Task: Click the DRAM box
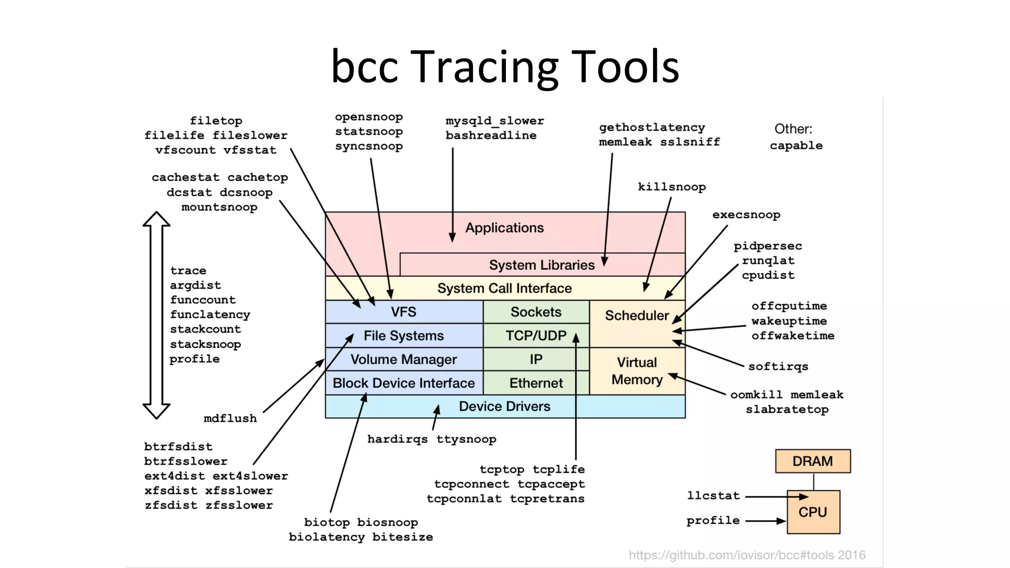(812, 461)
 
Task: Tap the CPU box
(813, 512)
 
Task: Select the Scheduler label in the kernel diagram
(637, 315)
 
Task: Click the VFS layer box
(403, 312)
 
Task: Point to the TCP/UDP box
(536, 335)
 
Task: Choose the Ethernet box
(536, 383)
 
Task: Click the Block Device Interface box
(403, 383)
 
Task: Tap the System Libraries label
(541, 265)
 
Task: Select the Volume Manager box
(403, 359)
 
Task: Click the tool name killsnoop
(672, 187)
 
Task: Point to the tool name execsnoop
(746, 215)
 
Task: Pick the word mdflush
(230, 418)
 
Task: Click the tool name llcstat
(713, 496)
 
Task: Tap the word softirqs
(778, 367)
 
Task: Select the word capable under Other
(796, 145)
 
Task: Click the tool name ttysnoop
(466, 439)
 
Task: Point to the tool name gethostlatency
(651, 127)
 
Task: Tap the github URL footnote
(747, 555)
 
